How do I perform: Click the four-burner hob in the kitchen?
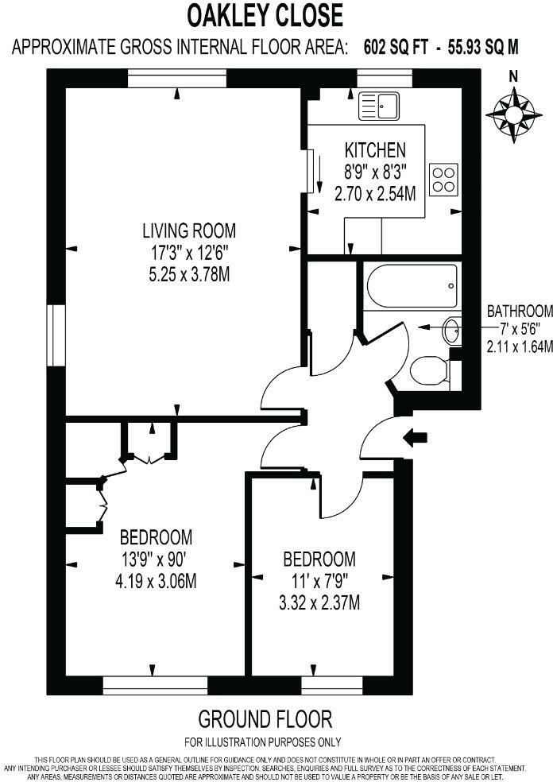pyautogui.click(x=443, y=178)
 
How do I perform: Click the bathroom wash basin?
pyautogui.click(x=451, y=329)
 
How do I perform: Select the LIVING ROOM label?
pyautogui.click(x=189, y=231)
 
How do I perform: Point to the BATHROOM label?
pyautogui.click(x=520, y=310)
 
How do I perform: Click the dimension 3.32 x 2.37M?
pyautogui.click(x=319, y=603)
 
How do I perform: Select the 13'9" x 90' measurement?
pyautogui.click(x=156, y=559)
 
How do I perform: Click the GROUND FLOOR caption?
pyautogui.click(x=265, y=720)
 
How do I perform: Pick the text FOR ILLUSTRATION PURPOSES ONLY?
pyautogui.click(x=263, y=742)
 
